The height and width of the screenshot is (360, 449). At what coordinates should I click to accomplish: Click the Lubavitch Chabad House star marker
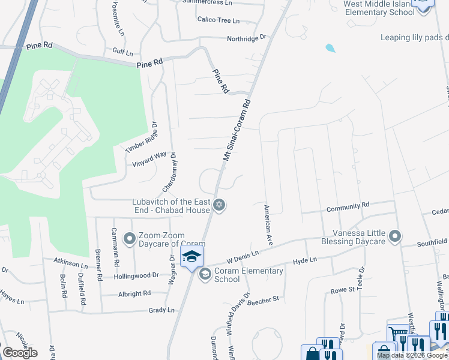pos(220,206)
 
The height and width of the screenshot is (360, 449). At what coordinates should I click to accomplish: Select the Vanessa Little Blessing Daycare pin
pos(395,237)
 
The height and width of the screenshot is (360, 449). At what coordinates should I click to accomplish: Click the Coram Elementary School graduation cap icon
pos(205,274)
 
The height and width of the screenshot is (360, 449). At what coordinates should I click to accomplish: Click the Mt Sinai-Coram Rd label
pos(237,130)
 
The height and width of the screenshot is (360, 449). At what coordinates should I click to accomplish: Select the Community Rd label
pos(348,207)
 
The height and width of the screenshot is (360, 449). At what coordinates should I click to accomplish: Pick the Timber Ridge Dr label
pos(141,137)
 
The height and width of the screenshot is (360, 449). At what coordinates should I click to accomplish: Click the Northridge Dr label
pos(246,38)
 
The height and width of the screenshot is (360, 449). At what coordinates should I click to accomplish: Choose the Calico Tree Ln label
pos(218,20)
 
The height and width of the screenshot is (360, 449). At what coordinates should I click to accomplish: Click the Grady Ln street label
pos(162,310)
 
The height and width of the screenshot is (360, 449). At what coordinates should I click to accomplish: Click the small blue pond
pos(330,47)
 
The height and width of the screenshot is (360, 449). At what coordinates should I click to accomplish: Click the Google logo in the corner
pos(20,353)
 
